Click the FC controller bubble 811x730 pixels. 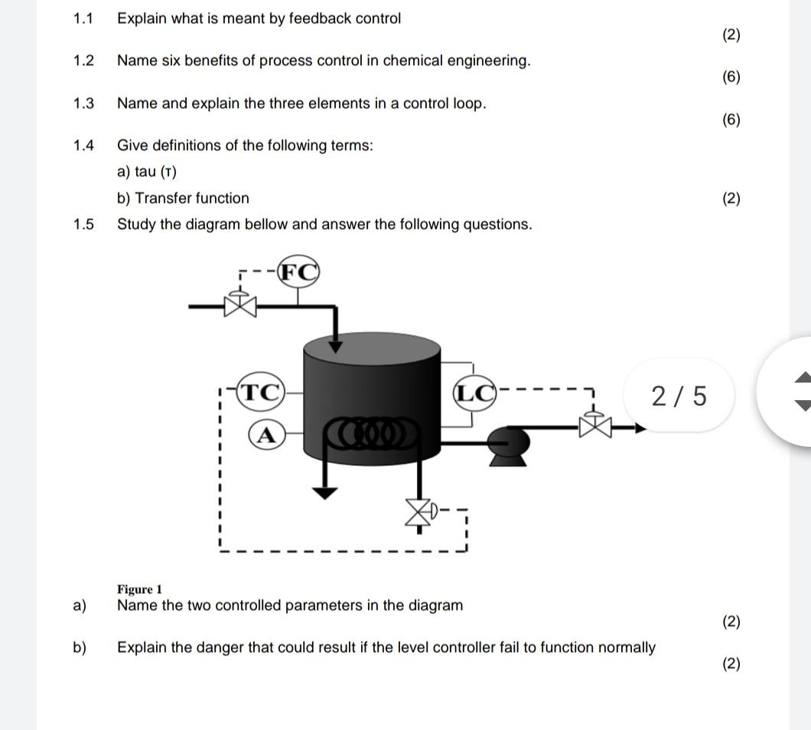(298, 272)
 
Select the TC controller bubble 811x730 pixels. (261, 392)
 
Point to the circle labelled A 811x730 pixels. (265, 435)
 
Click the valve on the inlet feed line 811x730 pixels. (241, 305)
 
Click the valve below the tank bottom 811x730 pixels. (418, 513)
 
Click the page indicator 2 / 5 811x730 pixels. (679, 396)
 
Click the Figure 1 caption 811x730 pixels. (139, 589)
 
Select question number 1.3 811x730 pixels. (84, 103)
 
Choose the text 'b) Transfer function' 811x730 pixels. (183, 198)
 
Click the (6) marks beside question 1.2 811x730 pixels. (731, 77)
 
